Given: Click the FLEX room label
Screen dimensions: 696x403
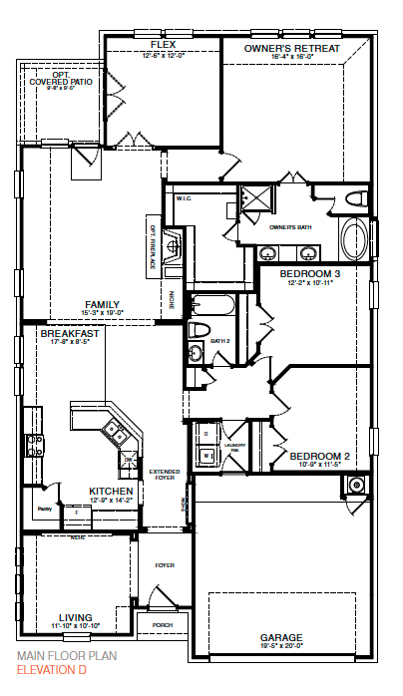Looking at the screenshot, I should (163, 46).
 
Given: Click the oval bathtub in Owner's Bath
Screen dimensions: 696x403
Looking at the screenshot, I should (354, 240).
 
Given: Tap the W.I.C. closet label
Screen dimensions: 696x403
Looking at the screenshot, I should (185, 198).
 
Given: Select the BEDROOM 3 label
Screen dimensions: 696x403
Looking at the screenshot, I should (309, 273).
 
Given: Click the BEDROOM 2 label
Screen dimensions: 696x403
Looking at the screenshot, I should (316, 457).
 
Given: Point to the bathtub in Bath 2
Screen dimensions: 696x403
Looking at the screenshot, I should (213, 303).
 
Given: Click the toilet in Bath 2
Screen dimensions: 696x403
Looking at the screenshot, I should (197, 330).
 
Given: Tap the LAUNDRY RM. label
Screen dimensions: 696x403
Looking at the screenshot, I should (235, 446).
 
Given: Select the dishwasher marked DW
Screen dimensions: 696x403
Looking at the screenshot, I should (129, 459).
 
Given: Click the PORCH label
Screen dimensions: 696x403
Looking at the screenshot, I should (163, 627).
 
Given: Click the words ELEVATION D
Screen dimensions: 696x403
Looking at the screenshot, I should (51, 670).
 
